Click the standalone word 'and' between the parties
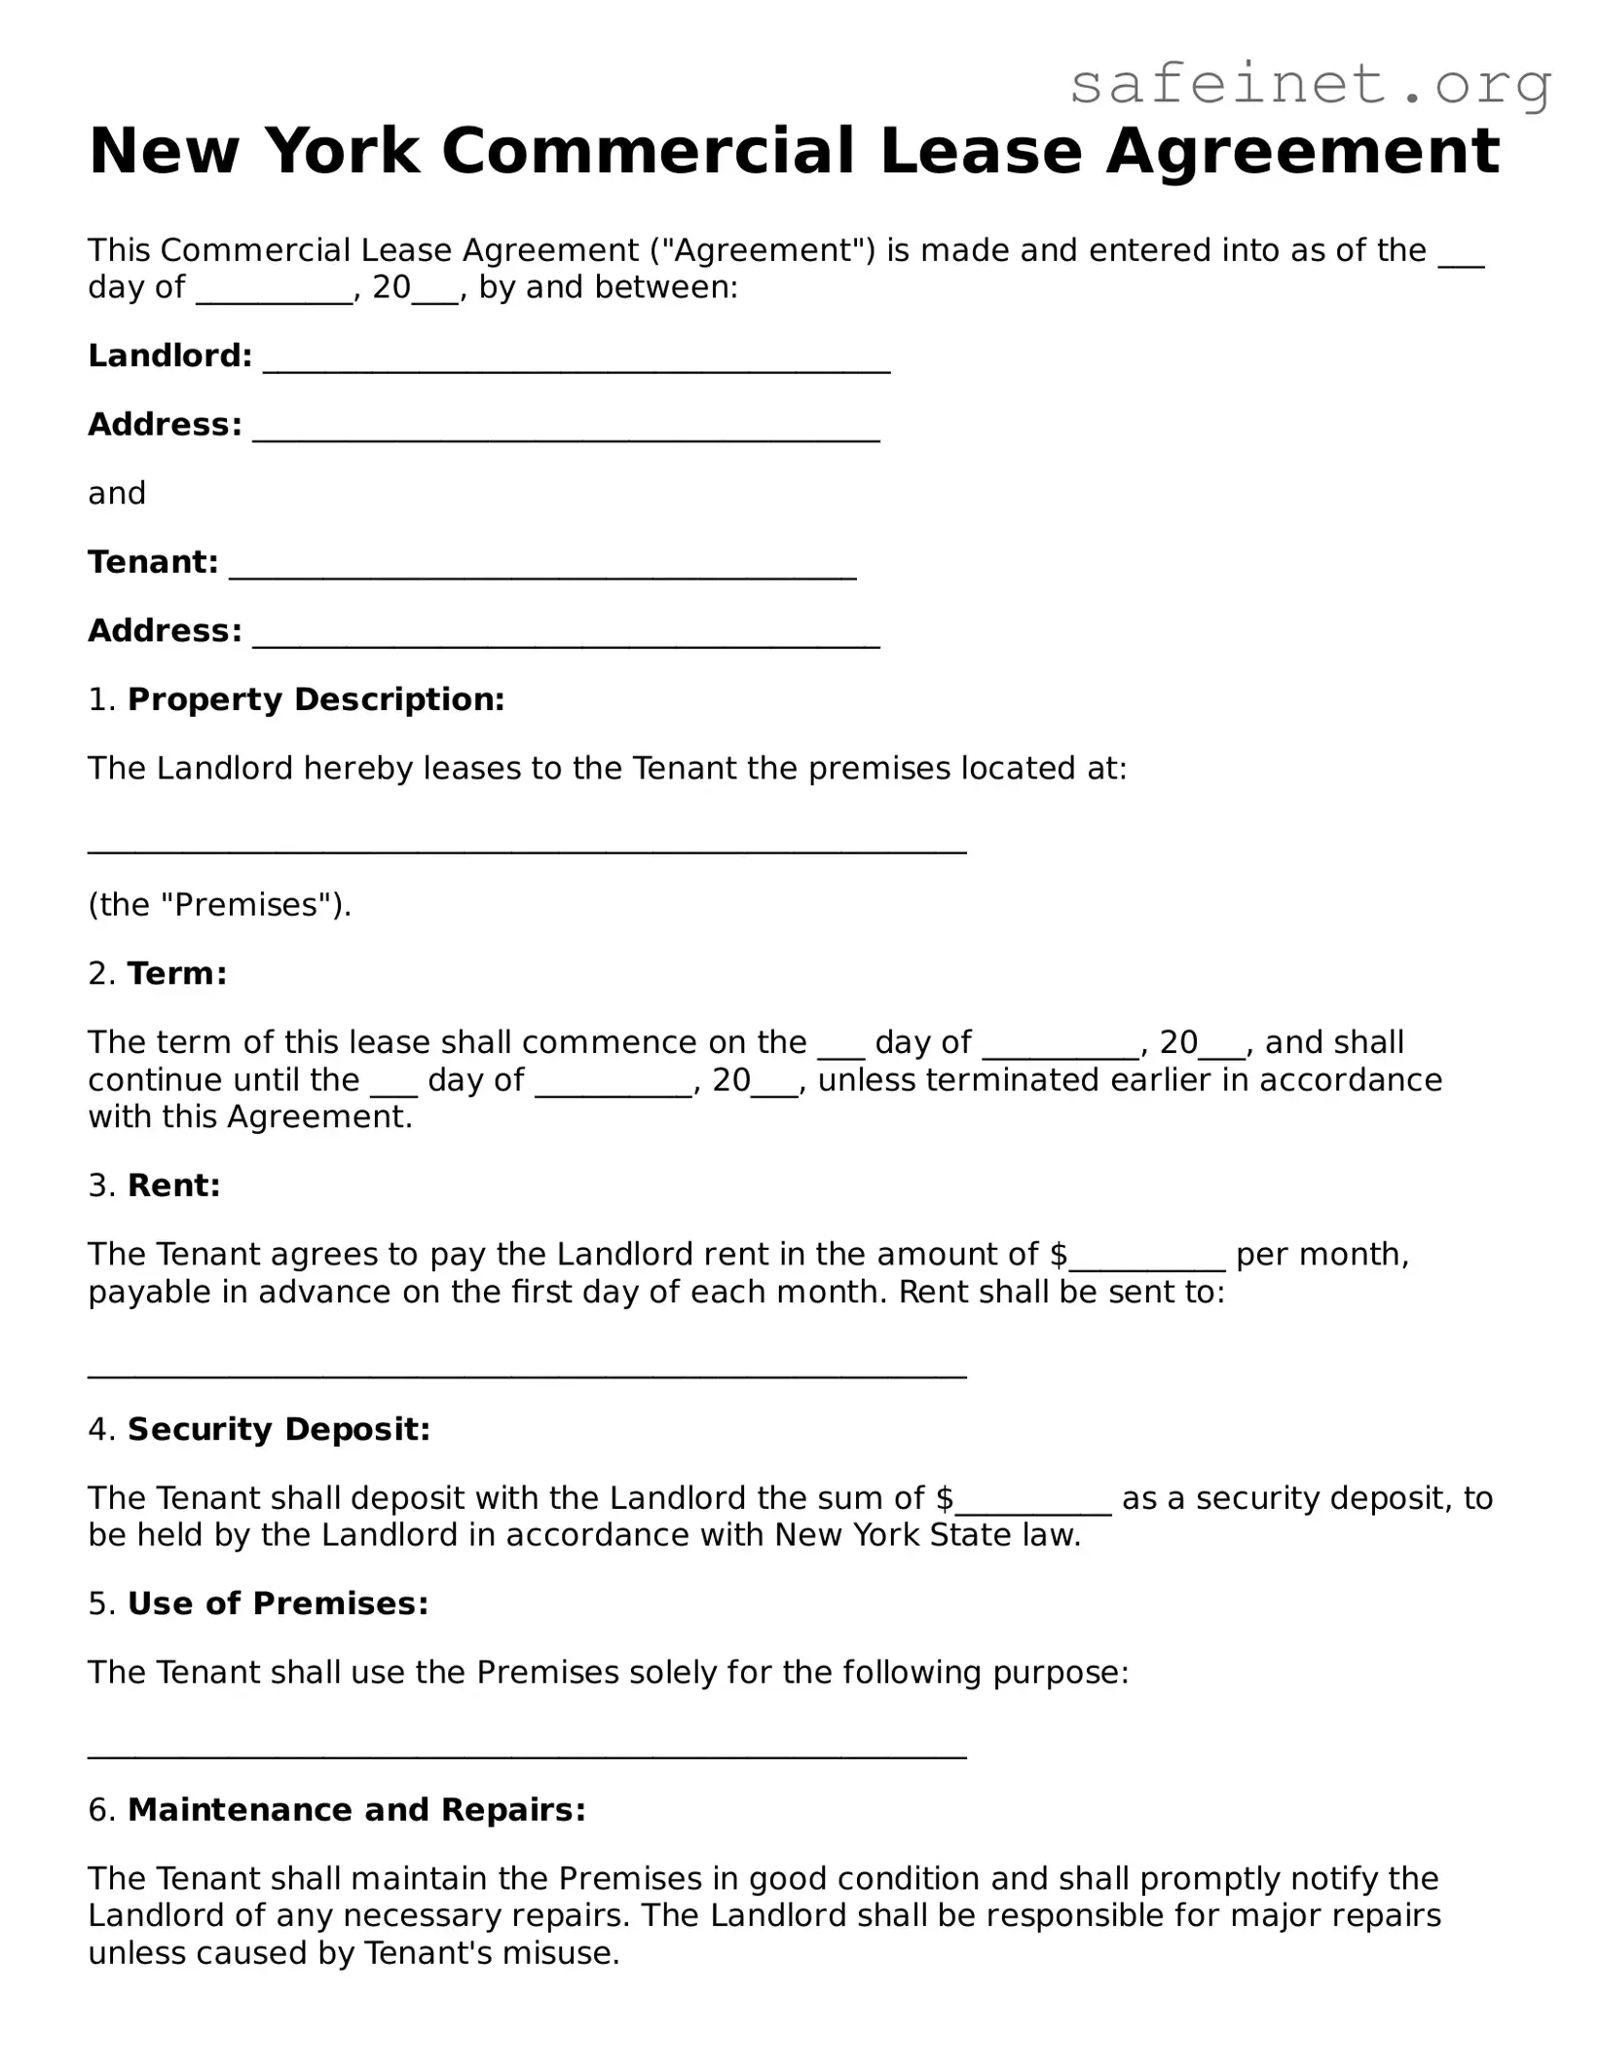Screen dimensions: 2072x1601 coord(117,494)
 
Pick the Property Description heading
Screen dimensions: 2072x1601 coord(316,699)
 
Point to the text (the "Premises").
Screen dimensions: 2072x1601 coord(219,905)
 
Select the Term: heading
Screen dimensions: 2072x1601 coord(177,973)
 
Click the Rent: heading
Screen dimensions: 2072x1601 coord(174,1186)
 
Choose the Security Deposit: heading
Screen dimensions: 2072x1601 coord(279,1429)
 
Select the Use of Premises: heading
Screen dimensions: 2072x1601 coord(278,1603)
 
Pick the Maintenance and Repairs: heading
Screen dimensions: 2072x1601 coord(356,1810)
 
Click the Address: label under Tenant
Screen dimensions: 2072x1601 coord(165,631)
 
